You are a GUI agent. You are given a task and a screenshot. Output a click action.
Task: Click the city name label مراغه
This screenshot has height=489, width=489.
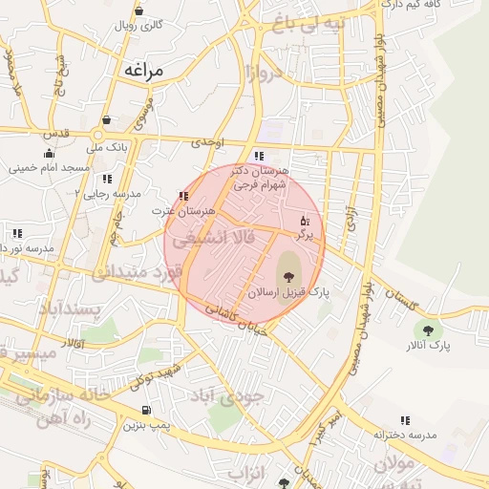pos(144,70)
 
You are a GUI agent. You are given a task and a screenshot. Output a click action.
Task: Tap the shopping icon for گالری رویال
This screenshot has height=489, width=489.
pos(139,11)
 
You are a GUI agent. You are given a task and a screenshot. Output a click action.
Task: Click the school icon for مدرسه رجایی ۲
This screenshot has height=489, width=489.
pos(107,179)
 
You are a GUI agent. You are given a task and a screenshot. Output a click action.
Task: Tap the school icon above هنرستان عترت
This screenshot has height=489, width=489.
pos(183,197)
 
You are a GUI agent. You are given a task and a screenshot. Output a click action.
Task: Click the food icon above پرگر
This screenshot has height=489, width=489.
pos(305,220)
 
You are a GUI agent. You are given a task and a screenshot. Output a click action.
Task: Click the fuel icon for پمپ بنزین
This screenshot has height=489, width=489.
pos(132,412)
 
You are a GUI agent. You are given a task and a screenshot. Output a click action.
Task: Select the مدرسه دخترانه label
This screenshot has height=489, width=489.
pos(405,435)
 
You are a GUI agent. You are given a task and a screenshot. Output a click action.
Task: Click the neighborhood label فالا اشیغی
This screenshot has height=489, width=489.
pos(223,239)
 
